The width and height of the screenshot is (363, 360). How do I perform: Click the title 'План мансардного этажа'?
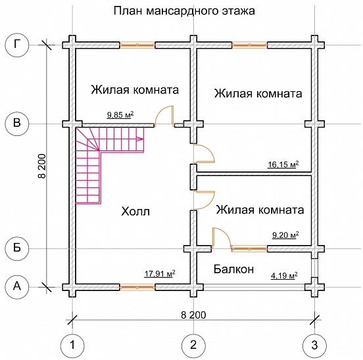pos(184,11)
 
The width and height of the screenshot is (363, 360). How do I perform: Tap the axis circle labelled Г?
pos(16,45)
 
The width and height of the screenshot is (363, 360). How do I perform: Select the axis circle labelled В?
pos(16,123)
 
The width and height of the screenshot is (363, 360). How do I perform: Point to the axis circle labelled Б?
pos(16,248)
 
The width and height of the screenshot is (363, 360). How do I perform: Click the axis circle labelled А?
pos(16,286)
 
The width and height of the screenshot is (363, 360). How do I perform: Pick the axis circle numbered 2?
pos(192,344)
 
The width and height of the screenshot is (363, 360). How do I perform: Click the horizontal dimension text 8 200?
pos(192,315)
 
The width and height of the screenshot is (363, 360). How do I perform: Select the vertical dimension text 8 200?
pos(41,166)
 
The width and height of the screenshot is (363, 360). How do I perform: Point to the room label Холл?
pos(136,212)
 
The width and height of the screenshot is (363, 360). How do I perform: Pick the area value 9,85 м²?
pos(120,115)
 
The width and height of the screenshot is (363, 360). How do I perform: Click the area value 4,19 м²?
pos(284,275)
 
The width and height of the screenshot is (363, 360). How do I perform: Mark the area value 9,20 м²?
pos(285,235)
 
